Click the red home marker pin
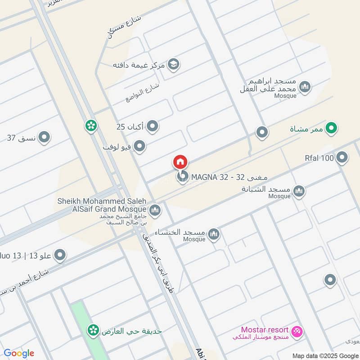pyautogui.click(x=180, y=162)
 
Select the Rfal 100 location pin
pyautogui.click(x=342, y=157)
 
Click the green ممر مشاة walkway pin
pyautogui.click(x=332, y=129)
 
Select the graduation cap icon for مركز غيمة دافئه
pyautogui.click(x=173, y=64)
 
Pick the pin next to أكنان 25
pyautogui.click(x=153, y=126)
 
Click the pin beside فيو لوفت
pyautogui.click(x=140, y=146)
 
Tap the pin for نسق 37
pyautogui.click(x=44, y=137)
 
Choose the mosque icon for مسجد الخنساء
pyautogui.click(x=214, y=234)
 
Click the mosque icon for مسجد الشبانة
pyautogui.click(x=298, y=192)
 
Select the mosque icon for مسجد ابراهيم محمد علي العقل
pyautogui.click(x=305, y=86)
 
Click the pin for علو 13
pyautogui.click(x=60, y=256)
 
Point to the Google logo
pyautogui.click(x=19, y=353)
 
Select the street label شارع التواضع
pyautogui.click(x=143, y=92)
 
